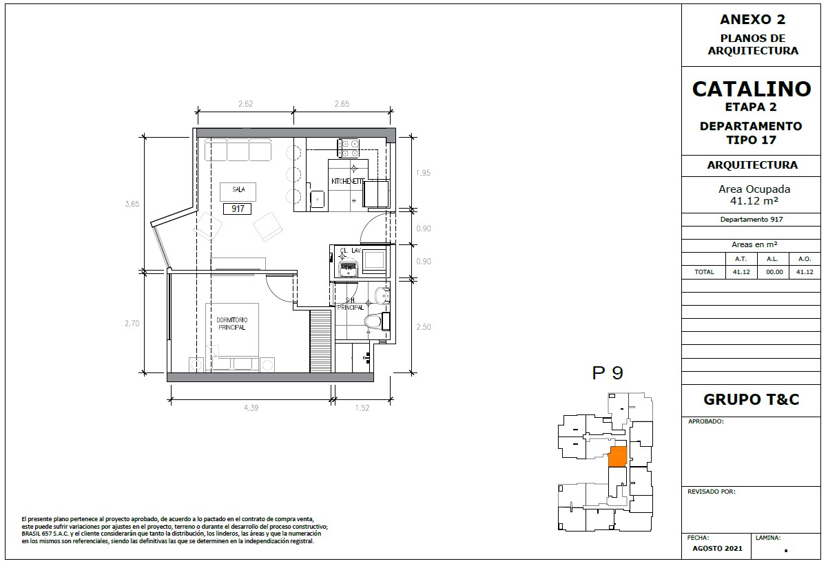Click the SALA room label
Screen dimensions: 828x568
(238, 189)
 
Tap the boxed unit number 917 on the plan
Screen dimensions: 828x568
(238, 209)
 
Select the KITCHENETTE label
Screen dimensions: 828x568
(348, 182)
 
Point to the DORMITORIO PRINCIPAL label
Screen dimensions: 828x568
(231, 324)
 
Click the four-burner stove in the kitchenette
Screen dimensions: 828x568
(348, 148)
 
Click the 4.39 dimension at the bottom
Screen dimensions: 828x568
(251, 408)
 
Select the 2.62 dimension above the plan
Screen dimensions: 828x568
(246, 104)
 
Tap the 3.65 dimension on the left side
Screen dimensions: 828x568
(132, 204)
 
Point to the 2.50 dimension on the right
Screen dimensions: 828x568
(424, 327)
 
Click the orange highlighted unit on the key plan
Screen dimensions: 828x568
(618, 456)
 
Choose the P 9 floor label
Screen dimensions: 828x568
(608, 373)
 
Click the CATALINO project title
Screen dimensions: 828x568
(752, 89)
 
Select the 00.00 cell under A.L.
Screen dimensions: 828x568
(774, 272)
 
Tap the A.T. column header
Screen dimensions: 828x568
(741, 259)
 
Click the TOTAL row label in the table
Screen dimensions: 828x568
(704, 272)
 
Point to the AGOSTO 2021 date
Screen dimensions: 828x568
(718, 549)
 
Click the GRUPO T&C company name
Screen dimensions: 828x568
(752, 399)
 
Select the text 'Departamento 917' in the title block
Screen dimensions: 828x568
(752, 220)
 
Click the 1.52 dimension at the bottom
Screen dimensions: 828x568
(362, 408)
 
